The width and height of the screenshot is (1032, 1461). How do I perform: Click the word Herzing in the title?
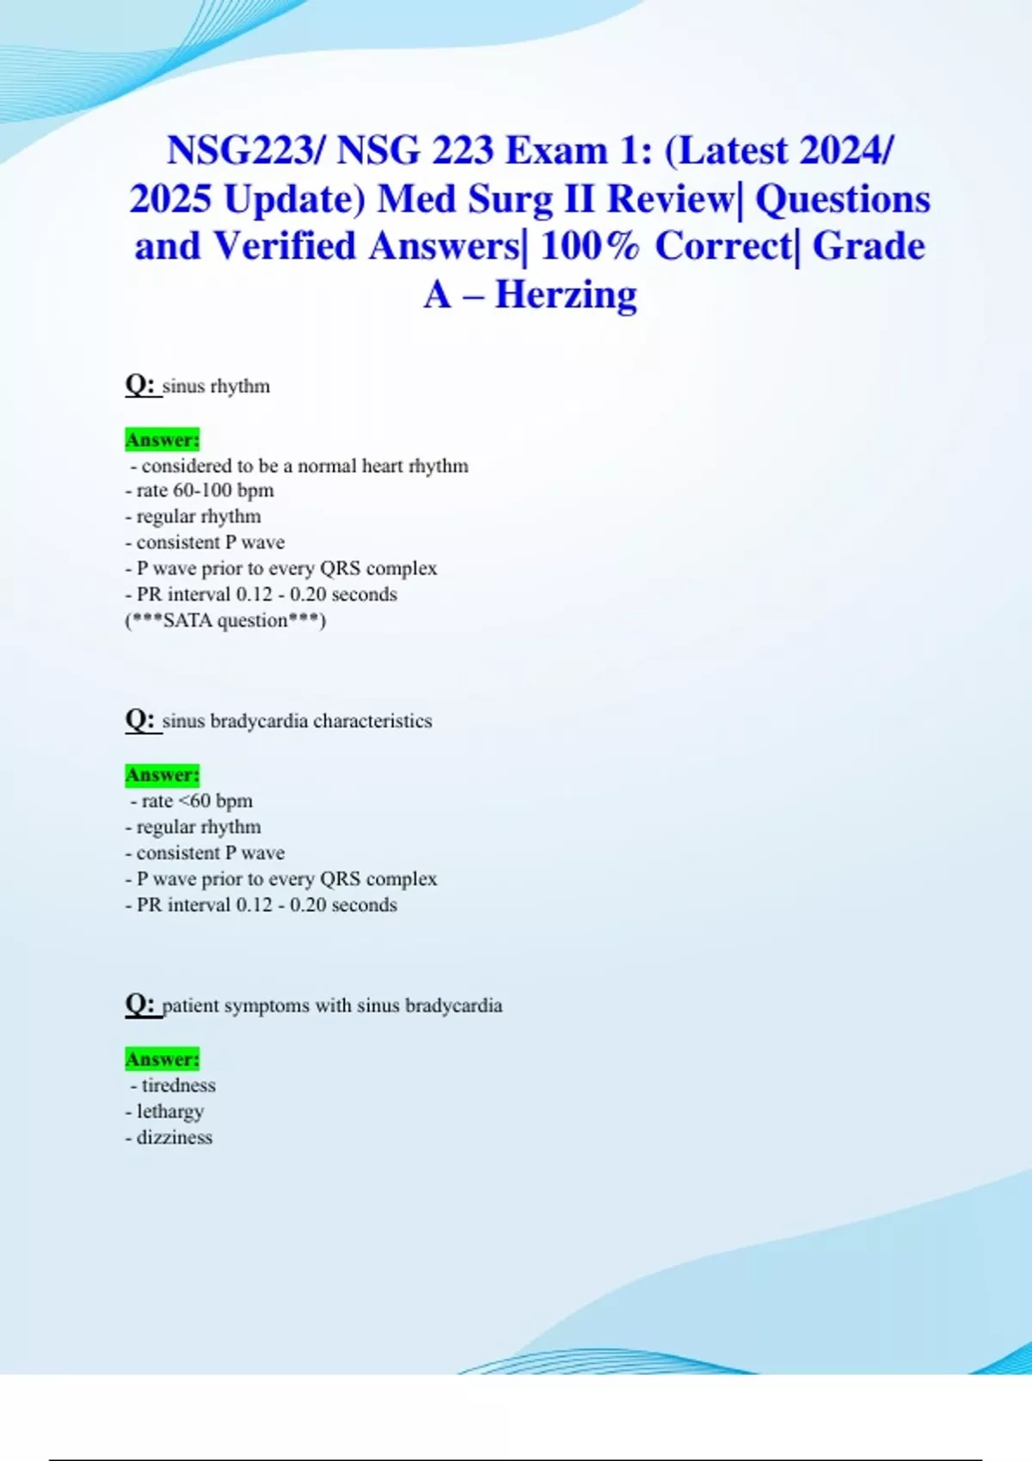(566, 295)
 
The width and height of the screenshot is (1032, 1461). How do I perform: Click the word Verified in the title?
(285, 247)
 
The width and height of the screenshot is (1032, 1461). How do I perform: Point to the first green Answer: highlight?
(163, 440)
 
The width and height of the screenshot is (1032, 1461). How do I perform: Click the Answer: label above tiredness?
(163, 1060)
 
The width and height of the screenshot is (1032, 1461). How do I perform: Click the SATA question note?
(225, 620)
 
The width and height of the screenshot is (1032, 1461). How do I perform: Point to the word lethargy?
(170, 1111)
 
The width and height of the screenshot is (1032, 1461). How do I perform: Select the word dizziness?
(175, 1138)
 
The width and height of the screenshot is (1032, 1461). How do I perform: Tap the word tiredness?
(179, 1085)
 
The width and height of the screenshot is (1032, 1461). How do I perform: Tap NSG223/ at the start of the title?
(246, 151)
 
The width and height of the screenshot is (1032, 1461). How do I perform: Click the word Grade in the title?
(869, 247)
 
